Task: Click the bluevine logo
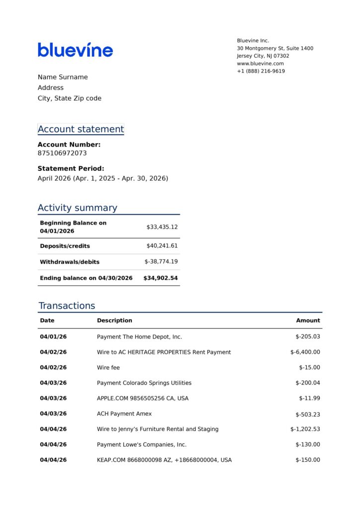[75, 50]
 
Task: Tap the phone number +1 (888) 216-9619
[261, 71]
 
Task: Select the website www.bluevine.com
[260, 64]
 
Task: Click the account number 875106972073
[62, 153]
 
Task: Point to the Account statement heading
[81, 129]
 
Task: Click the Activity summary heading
[77, 208]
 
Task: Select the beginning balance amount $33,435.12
[162, 227]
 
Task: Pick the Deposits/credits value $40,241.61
[162, 246]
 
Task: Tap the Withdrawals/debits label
[70, 262]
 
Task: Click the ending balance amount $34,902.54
[160, 278]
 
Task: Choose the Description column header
[114, 321]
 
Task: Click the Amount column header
[308, 321]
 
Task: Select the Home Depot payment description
[139, 337]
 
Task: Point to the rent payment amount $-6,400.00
[305, 352]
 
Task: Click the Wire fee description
[108, 368]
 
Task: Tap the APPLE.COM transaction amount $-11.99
[309, 399]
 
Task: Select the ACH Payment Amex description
[124, 414]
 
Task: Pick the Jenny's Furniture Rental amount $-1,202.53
[305, 429]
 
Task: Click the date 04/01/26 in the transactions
[53, 337]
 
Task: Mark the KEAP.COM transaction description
[164, 460]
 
